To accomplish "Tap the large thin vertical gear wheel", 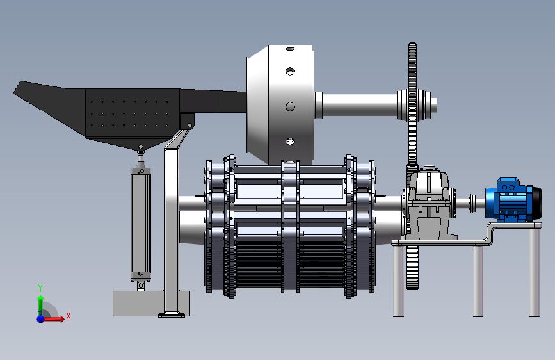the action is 412,166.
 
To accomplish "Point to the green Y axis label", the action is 40,288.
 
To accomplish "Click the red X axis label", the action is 68,316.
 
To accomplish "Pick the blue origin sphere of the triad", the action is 41,319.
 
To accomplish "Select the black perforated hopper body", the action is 131,113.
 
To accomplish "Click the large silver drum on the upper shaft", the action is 280,105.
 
